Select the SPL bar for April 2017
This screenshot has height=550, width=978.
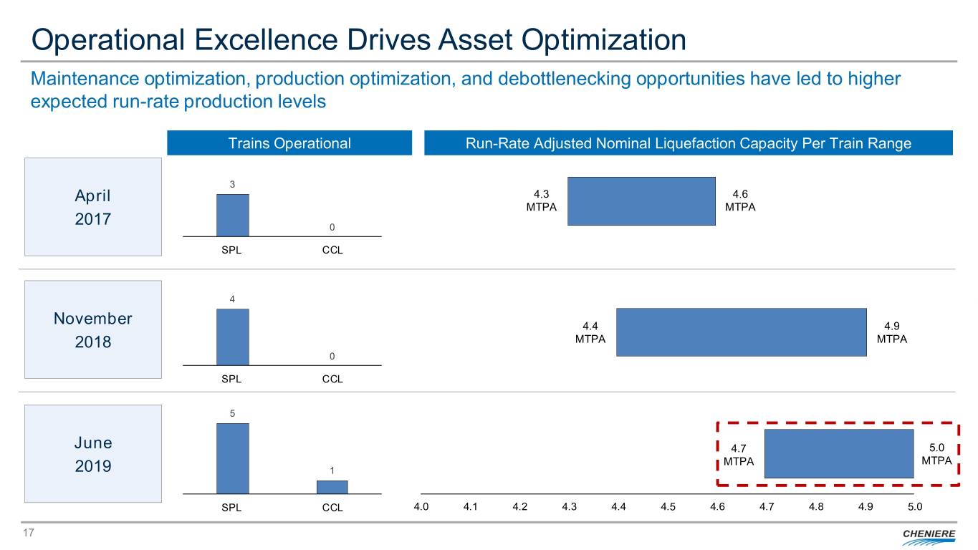click(x=233, y=215)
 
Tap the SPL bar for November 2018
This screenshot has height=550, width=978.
click(x=233, y=337)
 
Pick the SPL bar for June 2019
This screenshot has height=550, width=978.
click(x=233, y=458)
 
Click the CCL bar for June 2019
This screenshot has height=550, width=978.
click(x=332, y=487)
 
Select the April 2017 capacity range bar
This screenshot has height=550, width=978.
click(x=641, y=201)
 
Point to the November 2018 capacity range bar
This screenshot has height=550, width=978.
click(x=741, y=332)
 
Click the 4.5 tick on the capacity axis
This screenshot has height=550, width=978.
click(x=668, y=507)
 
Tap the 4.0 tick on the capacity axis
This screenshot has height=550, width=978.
click(x=421, y=507)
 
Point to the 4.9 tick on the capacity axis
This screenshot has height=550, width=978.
click(x=866, y=507)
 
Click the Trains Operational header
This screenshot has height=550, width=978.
click(x=289, y=143)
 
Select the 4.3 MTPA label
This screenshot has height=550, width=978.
click(x=542, y=201)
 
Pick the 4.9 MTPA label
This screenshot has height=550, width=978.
click(x=892, y=332)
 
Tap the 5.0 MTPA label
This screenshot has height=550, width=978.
click(x=936, y=453)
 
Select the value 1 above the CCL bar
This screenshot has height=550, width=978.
click(x=332, y=470)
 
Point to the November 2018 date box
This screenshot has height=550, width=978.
click(x=93, y=329)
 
